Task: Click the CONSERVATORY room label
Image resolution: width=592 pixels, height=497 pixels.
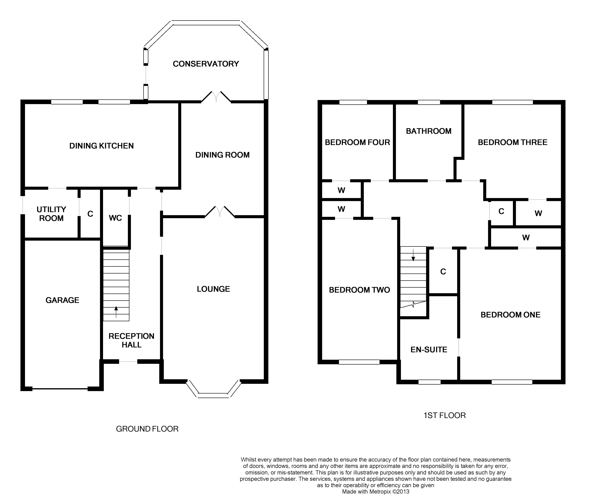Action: pos(206,64)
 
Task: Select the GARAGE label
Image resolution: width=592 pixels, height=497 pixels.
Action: pos(62,300)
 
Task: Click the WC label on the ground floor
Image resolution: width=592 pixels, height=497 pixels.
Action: pos(115,218)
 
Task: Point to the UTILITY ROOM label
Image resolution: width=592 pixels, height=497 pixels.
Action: pos(51,214)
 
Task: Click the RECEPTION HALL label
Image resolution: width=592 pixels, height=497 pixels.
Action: pos(131,340)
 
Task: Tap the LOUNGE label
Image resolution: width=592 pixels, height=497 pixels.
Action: pos(213,289)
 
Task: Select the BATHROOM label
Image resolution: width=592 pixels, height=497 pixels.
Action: pos(429,131)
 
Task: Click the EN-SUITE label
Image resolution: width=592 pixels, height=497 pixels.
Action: pos(429,350)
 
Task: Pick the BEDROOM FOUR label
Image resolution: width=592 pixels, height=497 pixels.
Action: pos(357,142)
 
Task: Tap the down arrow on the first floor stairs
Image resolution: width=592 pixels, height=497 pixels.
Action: pos(413,255)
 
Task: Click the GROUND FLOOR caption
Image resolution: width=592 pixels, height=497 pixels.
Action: pos(147,429)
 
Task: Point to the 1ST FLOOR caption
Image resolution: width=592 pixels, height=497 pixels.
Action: pos(445,415)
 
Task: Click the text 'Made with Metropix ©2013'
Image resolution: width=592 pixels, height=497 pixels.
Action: pos(375,491)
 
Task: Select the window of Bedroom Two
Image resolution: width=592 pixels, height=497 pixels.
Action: pos(359,362)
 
